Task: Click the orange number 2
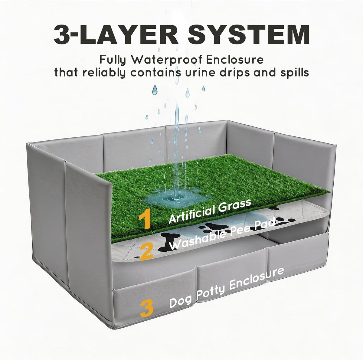pos(146,252)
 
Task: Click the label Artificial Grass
pos(210,211)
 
